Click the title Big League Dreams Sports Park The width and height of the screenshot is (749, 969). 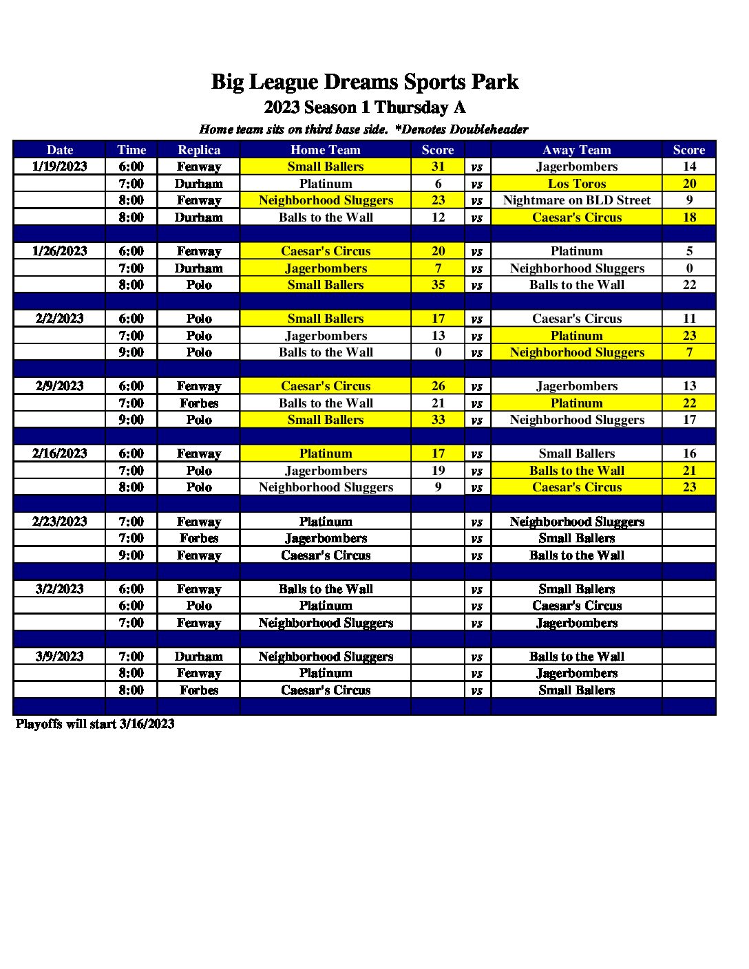(x=364, y=82)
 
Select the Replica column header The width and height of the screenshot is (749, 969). (x=199, y=150)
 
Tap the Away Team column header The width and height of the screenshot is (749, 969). (x=576, y=150)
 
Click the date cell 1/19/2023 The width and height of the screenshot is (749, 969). (x=60, y=167)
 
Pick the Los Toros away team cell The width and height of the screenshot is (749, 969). (x=576, y=184)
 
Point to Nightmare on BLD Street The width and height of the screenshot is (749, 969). (x=576, y=200)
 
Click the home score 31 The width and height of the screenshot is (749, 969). (x=438, y=167)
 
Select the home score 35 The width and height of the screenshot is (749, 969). (x=438, y=285)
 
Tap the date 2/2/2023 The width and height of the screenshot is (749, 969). (x=60, y=319)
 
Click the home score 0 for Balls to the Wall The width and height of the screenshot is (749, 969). (x=438, y=352)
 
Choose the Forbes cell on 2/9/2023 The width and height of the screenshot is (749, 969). (x=199, y=403)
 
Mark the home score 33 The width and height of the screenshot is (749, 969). (x=438, y=420)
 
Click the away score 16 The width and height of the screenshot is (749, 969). (x=689, y=454)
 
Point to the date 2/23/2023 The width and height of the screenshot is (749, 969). (x=60, y=522)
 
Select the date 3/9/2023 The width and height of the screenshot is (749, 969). (x=60, y=657)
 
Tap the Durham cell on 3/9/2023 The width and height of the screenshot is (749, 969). (x=199, y=657)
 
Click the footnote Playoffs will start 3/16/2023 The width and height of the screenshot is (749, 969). (x=95, y=724)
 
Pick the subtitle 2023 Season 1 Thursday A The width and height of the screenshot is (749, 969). (x=364, y=107)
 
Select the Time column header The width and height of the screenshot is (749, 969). (x=131, y=150)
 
